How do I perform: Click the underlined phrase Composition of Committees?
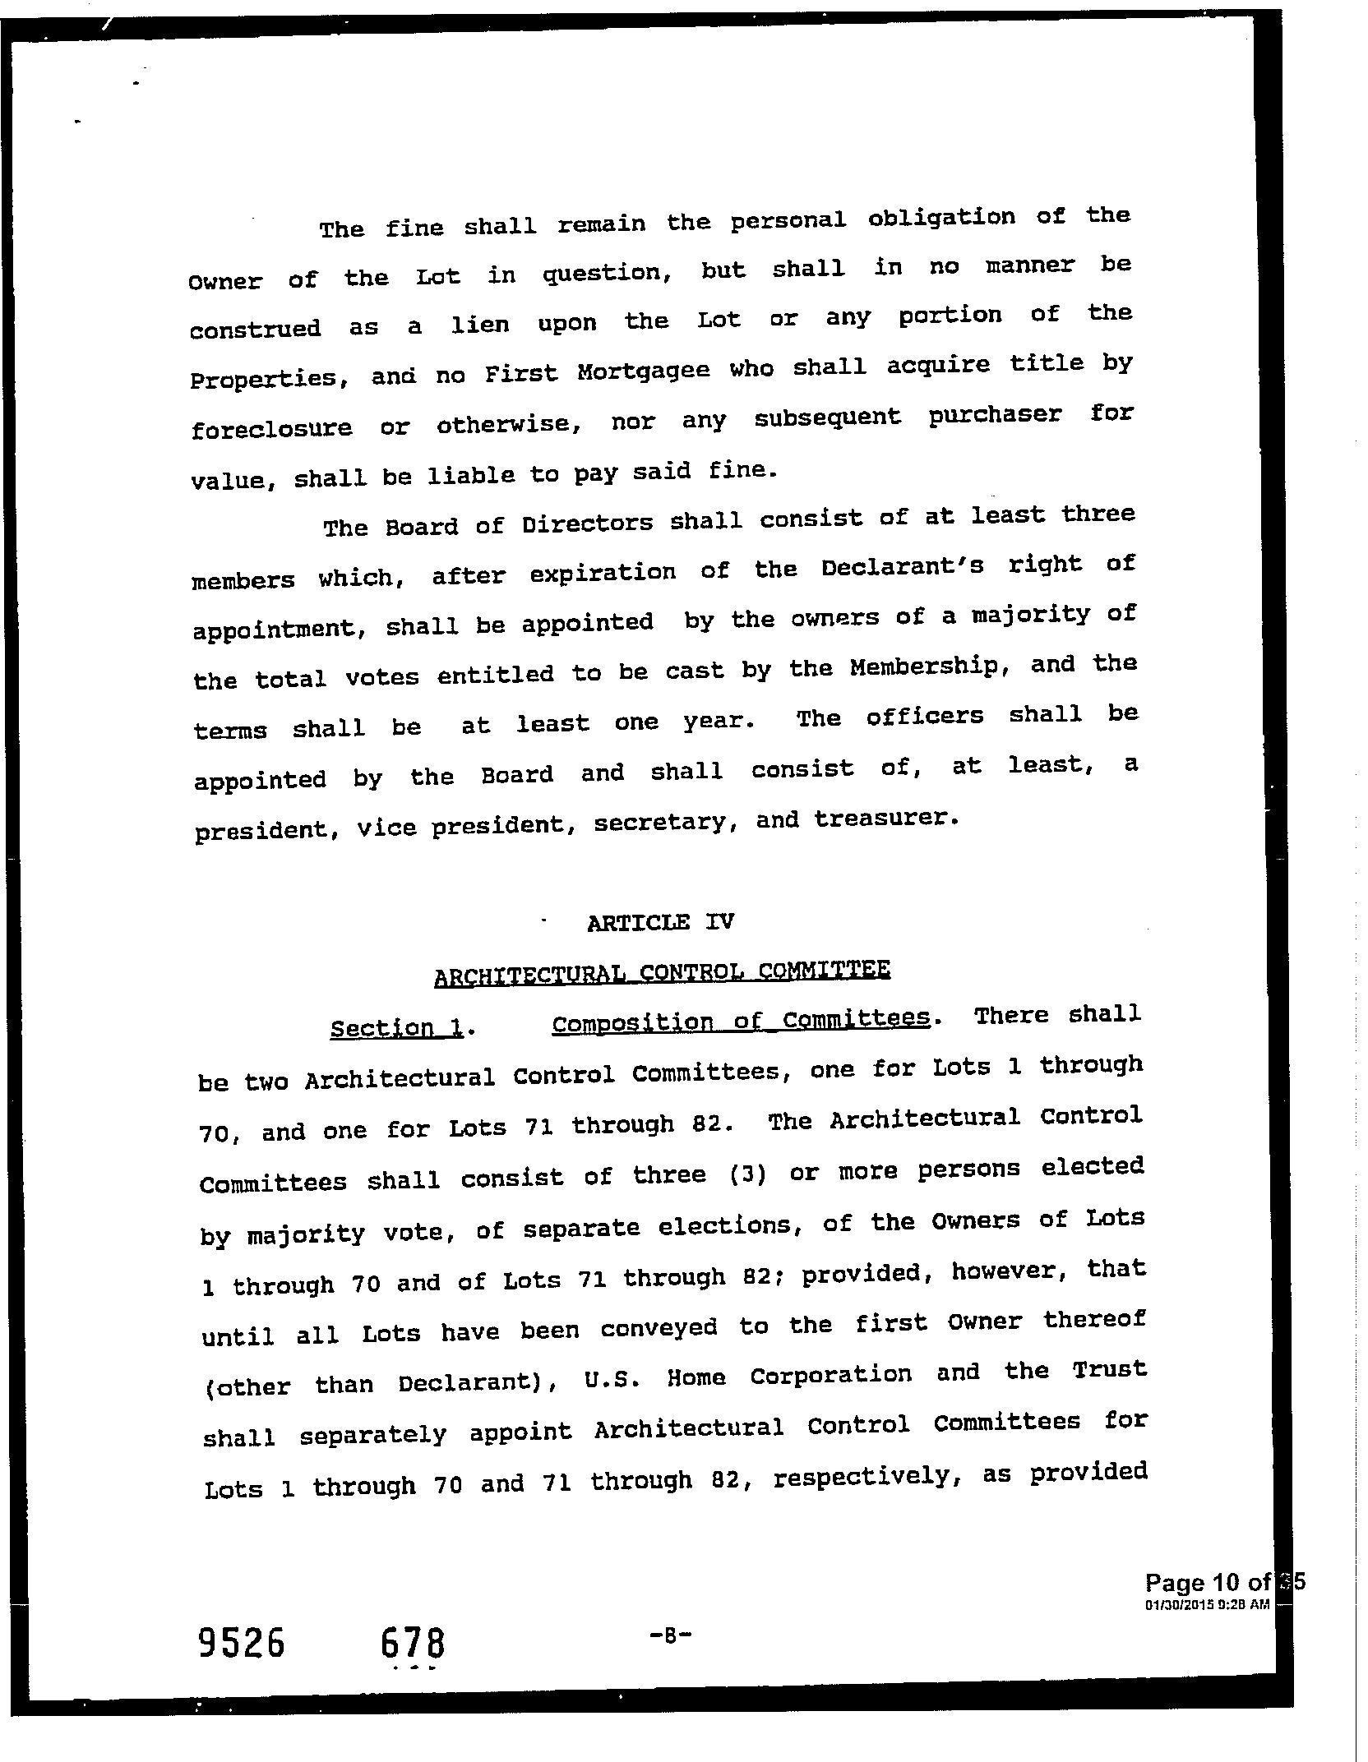[741, 1021]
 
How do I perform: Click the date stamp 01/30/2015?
[1176, 1604]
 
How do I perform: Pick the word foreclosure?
[271, 428]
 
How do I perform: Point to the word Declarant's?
[902, 567]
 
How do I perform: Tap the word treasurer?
[886, 819]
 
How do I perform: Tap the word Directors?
[587, 523]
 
